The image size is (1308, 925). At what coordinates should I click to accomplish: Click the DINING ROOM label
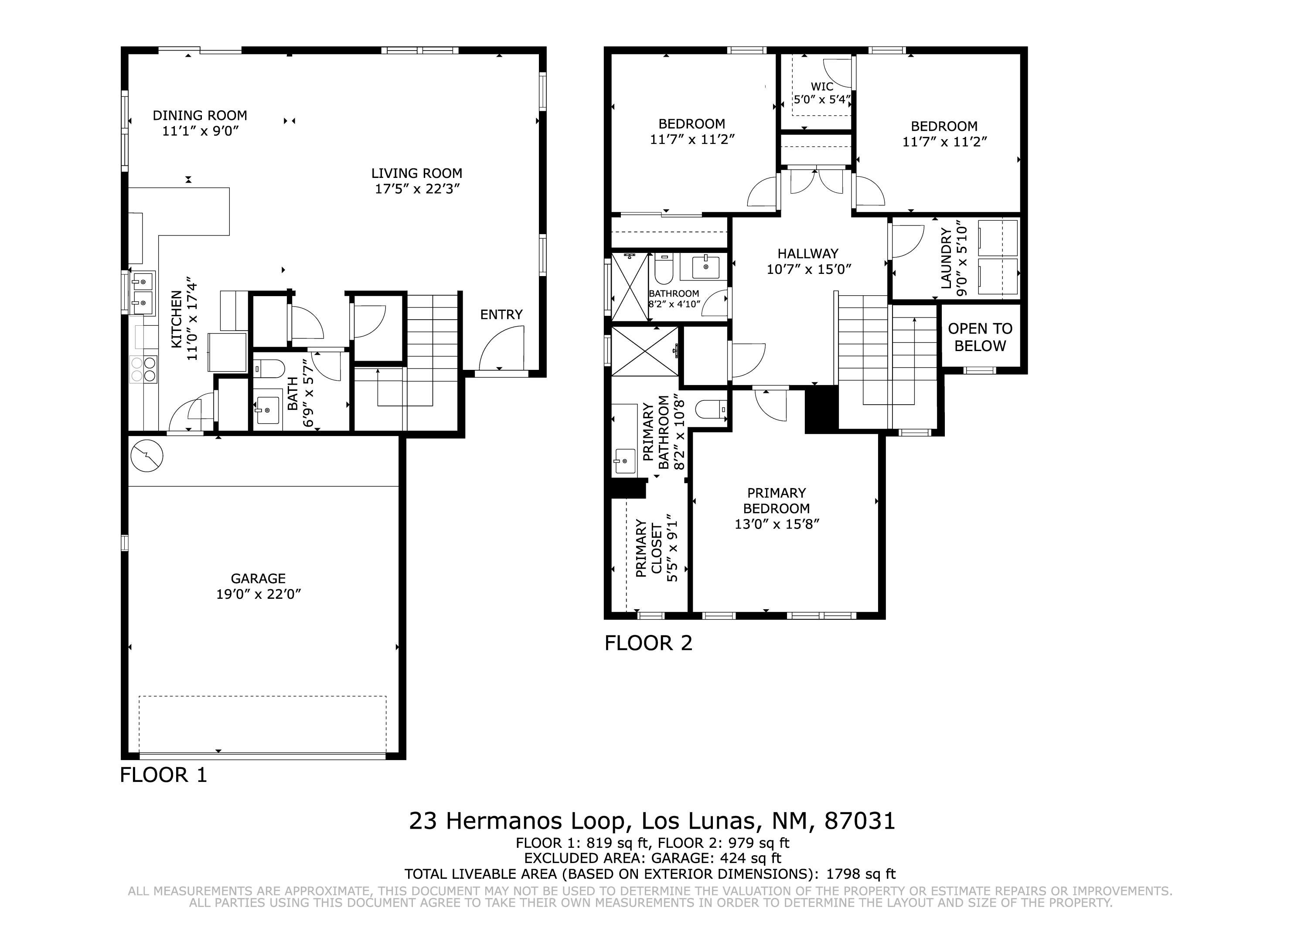tap(200, 116)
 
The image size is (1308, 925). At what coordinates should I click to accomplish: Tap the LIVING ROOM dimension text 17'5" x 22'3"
tap(417, 189)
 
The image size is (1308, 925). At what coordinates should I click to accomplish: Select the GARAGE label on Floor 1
tap(258, 578)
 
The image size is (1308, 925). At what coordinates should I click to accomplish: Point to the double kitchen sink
tap(143, 293)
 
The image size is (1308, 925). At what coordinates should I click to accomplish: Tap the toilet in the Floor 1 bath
tap(269, 369)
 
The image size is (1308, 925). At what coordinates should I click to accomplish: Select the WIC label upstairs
tap(822, 87)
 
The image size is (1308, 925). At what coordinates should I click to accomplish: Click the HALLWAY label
tap(808, 254)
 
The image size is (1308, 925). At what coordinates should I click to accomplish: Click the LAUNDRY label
tap(946, 258)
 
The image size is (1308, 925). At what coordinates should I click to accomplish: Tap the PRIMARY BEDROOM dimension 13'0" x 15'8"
tap(777, 524)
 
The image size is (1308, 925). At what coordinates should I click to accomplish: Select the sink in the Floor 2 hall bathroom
tap(705, 267)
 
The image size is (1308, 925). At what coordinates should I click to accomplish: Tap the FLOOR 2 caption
tap(648, 643)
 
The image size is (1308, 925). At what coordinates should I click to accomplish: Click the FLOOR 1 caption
tap(163, 775)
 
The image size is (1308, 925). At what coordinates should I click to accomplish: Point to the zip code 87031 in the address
tap(860, 821)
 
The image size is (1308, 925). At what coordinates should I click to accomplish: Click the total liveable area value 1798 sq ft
tap(861, 874)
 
